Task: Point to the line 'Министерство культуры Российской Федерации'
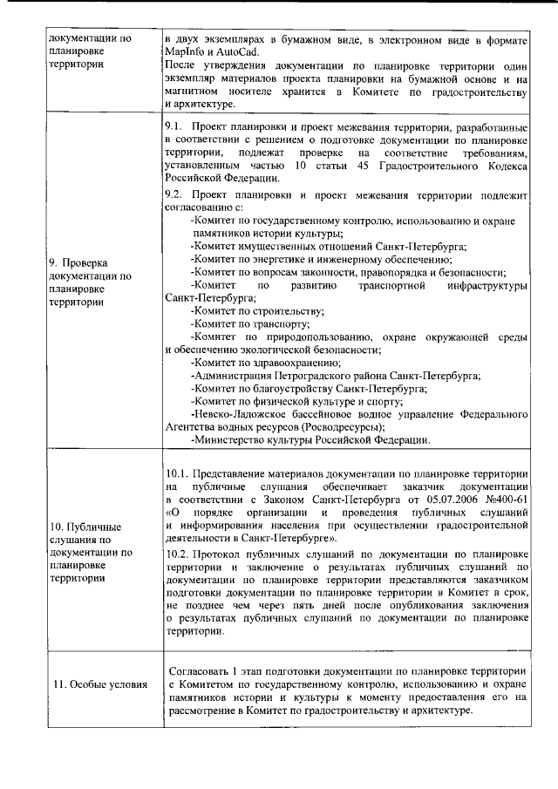point(310,440)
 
